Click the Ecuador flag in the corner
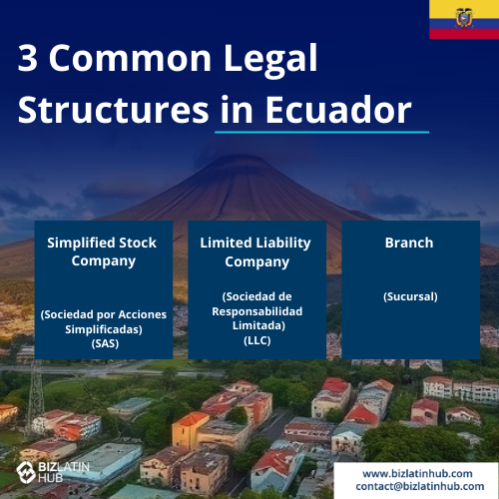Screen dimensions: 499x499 pos(464,19)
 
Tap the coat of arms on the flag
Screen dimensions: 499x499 pos(464,18)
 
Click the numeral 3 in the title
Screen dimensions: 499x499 pos(27,58)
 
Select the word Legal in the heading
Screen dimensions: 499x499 pos(270,60)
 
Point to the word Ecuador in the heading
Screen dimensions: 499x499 pos(338,110)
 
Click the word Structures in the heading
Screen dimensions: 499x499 pos(113,110)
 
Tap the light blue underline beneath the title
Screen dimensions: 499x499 pos(321,132)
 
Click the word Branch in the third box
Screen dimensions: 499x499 pos(409,243)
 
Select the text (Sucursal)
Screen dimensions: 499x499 pos(410,296)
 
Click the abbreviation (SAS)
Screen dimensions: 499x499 pos(105,343)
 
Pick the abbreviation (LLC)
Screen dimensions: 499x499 pos(257,340)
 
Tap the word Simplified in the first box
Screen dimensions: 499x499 pos(81,244)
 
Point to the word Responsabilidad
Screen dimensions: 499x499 pos(257,311)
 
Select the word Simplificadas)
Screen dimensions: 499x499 pos(104,329)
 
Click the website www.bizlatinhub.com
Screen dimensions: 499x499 pos(417,473)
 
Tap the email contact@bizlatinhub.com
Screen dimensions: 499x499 pos(420,486)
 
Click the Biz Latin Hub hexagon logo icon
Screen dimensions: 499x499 pos(26,472)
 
